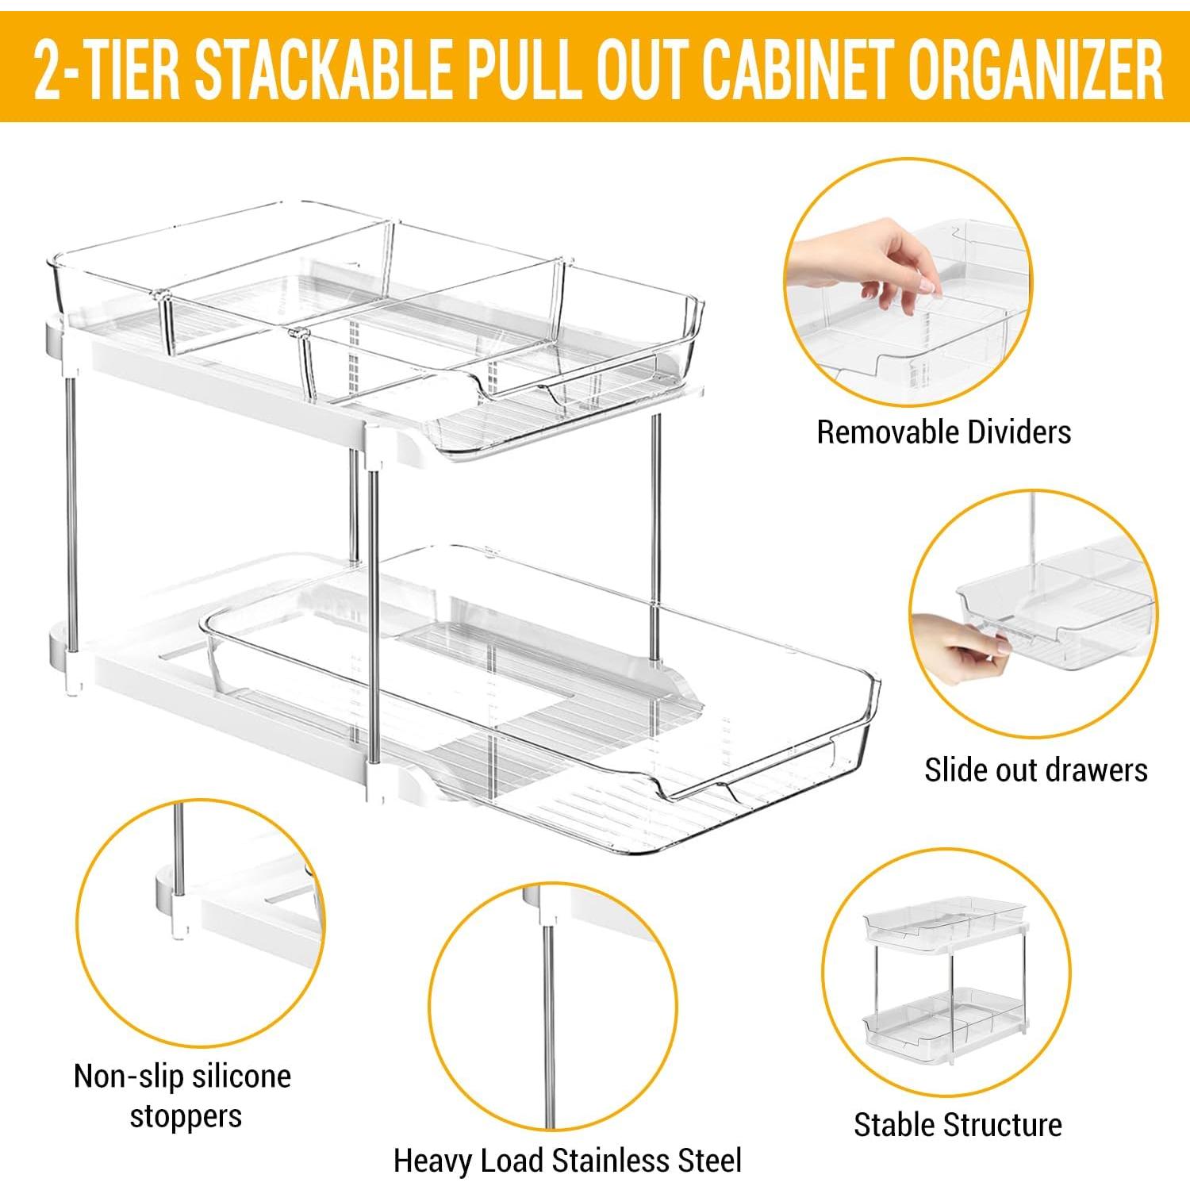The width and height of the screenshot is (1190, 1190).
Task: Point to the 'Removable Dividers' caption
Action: [x=943, y=432]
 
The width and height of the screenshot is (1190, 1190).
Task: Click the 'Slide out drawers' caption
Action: [x=1035, y=770]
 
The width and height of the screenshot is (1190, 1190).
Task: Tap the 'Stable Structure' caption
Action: [x=958, y=1124]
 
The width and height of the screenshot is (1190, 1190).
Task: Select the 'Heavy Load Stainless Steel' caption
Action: [x=567, y=1160]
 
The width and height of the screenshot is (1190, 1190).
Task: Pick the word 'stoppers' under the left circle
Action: [x=186, y=1116]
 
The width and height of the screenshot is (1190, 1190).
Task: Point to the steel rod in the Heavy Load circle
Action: [x=547, y=1023]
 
